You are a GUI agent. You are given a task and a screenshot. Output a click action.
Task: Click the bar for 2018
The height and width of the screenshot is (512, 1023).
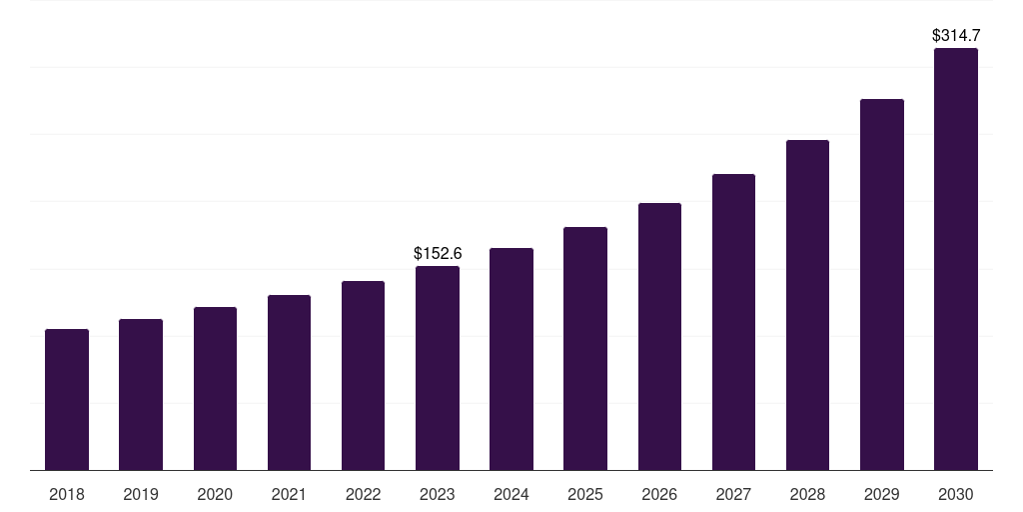[67, 399]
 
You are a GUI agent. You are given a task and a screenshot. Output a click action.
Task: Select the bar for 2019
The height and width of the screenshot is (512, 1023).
[141, 394]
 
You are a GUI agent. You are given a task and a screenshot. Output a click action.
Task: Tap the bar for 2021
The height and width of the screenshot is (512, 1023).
[289, 382]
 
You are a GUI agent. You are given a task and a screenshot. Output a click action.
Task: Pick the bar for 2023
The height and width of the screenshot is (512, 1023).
[438, 368]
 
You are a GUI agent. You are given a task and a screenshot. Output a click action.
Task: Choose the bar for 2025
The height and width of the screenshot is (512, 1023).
[585, 348]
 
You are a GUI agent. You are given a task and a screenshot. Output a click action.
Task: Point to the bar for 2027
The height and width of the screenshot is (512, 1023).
[733, 322]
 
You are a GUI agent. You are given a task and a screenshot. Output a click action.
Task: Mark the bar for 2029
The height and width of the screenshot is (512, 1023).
[882, 284]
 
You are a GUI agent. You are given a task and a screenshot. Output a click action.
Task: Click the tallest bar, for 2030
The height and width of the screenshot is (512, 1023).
[956, 259]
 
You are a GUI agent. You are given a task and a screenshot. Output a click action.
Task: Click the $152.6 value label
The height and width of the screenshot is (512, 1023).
[438, 254]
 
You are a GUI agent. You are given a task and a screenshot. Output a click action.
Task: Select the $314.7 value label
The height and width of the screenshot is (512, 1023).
[956, 36]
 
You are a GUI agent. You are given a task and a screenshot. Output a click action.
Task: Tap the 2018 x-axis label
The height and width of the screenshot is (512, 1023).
[67, 494]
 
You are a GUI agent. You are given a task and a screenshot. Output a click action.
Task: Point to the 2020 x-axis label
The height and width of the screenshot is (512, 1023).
[215, 494]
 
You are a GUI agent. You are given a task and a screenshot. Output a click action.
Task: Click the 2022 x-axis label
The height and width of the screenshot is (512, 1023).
[364, 494]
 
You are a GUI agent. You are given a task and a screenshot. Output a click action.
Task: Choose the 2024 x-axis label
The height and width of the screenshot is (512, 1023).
[511, 494]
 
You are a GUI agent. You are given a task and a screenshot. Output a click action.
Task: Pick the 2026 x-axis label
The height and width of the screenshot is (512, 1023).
[659, 494]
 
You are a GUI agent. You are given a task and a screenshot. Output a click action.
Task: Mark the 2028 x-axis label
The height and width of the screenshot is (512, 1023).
[807, 494]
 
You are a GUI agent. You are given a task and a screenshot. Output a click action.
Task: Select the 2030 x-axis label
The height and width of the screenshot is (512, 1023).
[956, 494]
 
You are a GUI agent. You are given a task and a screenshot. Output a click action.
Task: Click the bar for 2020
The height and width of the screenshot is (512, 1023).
[215, 388]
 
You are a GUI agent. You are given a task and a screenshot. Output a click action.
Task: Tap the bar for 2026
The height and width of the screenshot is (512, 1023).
[659, 336]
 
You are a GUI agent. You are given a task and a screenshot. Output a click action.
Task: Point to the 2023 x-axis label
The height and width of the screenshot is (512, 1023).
[438, 494]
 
